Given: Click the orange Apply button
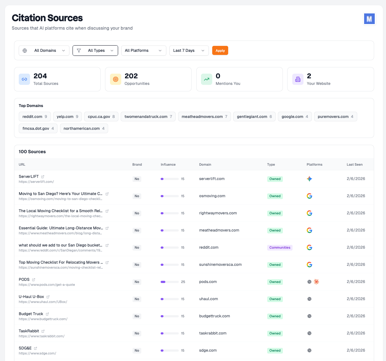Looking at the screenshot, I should coord(220,51).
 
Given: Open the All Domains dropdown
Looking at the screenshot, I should coord(44,51).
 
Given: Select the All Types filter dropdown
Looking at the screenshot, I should coord(95,51).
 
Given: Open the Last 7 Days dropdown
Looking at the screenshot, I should coord(189,51).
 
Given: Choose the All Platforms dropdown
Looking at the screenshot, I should coord(143,51).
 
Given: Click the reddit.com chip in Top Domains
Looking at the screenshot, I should coord(35,117).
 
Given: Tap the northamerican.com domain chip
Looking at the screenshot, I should coord(84,129).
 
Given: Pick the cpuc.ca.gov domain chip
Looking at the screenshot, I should coord(101,117).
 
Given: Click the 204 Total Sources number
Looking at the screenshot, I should coord(40,76).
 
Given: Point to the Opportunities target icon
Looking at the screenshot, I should coord(116,79).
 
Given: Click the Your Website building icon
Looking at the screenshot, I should coord(298,79).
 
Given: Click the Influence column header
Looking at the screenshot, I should coord(168,164).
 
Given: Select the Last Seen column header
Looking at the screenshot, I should coord(354,164).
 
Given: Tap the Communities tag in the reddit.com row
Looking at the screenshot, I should coord(280,248).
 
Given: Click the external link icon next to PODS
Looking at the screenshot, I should coord(34,280).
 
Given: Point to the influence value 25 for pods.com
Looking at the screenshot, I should coord(183,282).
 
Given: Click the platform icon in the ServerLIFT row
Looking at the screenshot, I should coord(309,179).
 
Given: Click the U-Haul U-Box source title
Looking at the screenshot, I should coord(31,297).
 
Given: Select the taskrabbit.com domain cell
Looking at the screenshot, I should coord(213,333).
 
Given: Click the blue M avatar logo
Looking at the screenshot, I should coord(369,19).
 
